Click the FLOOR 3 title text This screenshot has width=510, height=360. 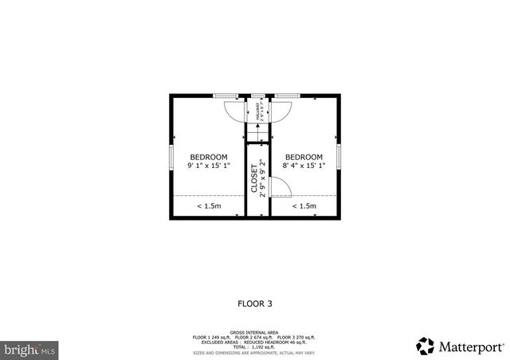tap(255, 303)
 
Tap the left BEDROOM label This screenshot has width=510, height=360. tap(208, 156)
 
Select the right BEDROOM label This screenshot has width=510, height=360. tap(304, 156)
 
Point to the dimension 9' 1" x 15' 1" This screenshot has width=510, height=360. tap(208, 166)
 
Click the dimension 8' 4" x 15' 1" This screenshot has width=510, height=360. tap(304, 166)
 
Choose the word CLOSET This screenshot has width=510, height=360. tap(254, 179)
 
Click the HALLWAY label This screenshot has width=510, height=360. tap(257, 109)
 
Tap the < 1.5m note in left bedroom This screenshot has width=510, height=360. tap(209, 206)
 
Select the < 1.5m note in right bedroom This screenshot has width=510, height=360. tap(304, 206)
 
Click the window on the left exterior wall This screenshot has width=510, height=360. tap(171, 156)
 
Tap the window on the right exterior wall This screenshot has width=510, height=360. tap(339, 156)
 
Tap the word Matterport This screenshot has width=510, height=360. tap(472, 346)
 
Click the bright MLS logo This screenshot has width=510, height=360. tap(30, 349)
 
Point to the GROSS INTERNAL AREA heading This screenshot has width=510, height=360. tap(254, 331)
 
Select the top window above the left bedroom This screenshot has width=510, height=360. tap(226, 96)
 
